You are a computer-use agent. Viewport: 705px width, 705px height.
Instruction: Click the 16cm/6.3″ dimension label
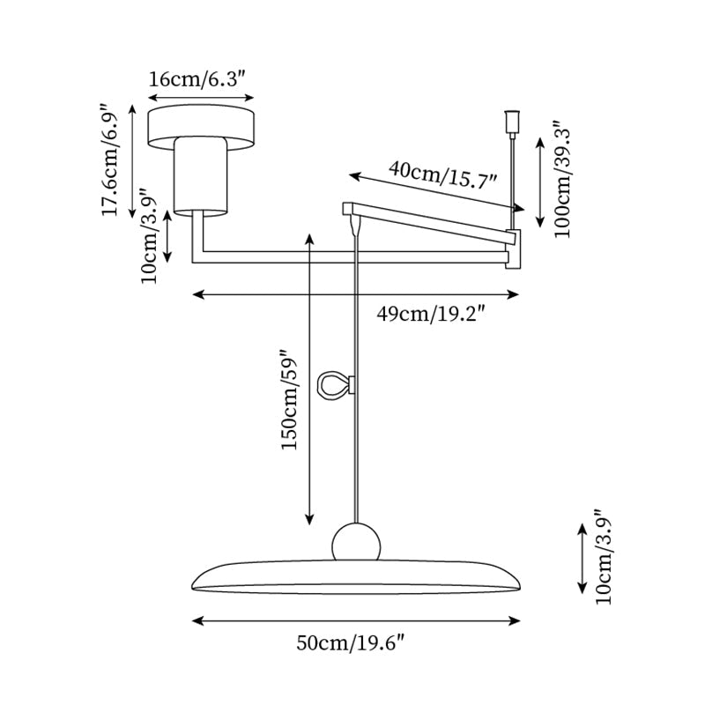pos(201,79)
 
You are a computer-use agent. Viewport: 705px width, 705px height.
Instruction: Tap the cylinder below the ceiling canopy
pos(201,176)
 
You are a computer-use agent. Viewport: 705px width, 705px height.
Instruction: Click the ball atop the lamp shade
pos(356,542)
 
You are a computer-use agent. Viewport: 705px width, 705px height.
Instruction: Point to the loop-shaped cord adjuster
pos(336,386)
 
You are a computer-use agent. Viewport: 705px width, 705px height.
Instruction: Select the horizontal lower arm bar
pos(352,257)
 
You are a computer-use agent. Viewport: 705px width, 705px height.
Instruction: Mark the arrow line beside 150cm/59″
pos(310,379)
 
